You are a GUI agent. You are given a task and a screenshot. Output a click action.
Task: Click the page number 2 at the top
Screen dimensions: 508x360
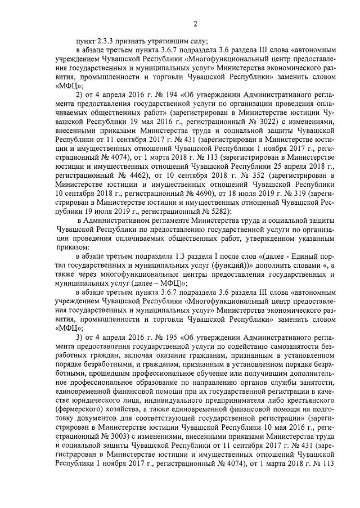pos(194,23)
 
